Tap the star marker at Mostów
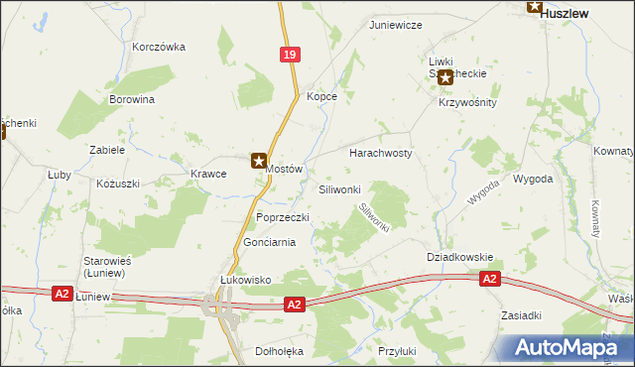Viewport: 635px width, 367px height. (259, 159)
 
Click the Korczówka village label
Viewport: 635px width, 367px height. (159, 47)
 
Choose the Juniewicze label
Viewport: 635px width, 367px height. (396, 24)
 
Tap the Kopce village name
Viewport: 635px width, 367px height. (322, 96)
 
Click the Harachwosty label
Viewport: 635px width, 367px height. (380, 154)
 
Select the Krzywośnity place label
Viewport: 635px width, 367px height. (466, 102)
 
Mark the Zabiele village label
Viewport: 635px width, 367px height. (107, 150)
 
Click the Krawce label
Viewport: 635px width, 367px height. (208, 174)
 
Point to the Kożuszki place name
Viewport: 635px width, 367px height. (118, 183)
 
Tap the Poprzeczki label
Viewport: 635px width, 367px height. (283, 217)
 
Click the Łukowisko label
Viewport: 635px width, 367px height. (245, 280)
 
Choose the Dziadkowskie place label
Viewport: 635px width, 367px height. (459, 257)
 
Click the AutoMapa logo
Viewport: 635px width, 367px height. (562, 348)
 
